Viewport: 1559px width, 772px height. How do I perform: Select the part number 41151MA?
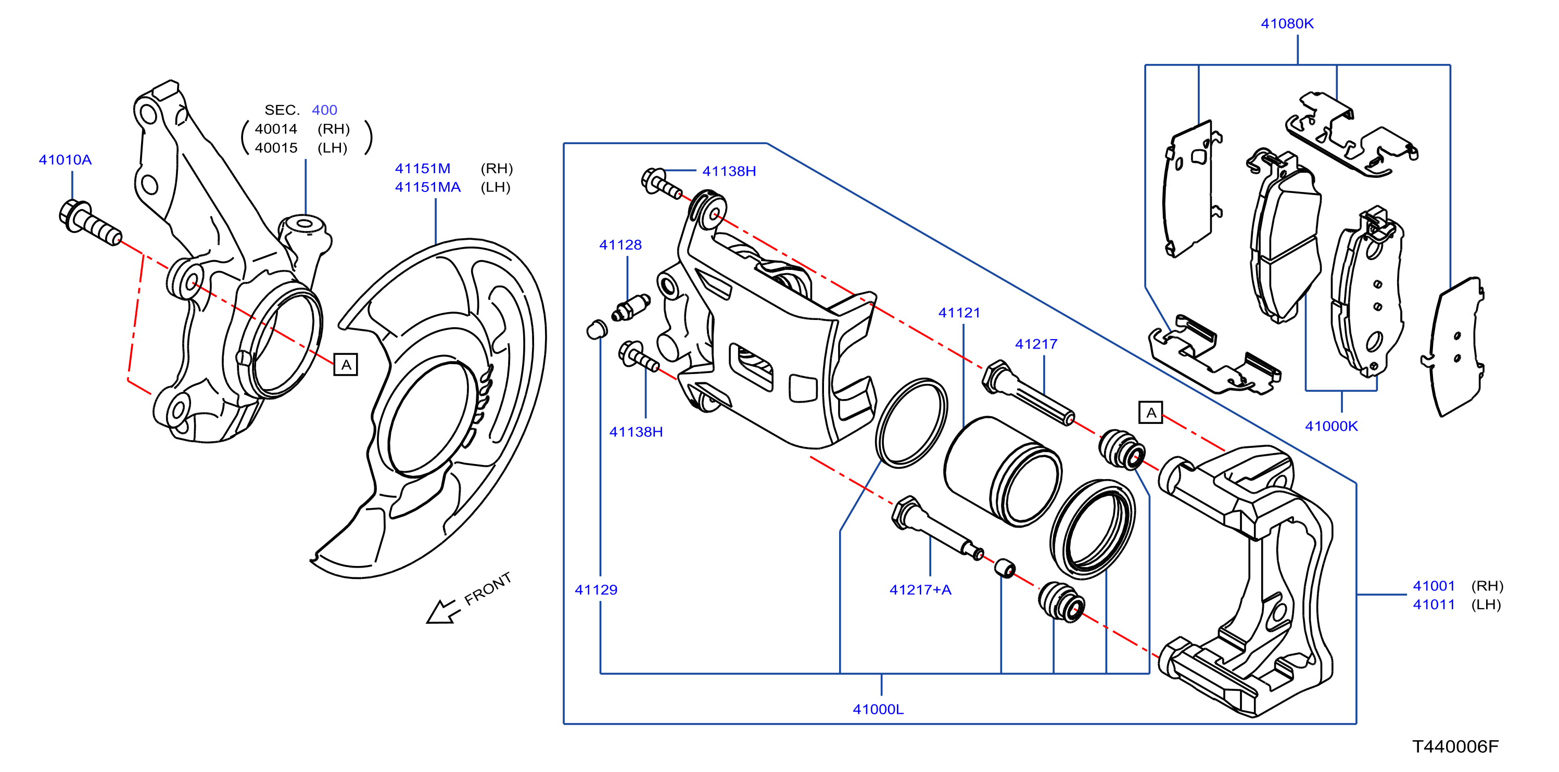tap(428, 187)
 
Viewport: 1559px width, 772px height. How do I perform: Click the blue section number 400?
tap(324, 110)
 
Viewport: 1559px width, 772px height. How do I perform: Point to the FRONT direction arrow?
tap(442, 611)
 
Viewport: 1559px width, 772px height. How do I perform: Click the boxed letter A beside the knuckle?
tap(346, 365)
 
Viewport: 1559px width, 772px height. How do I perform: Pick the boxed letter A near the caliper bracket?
tap(1150, 413)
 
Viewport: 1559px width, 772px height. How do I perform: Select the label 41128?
tap(620, 245)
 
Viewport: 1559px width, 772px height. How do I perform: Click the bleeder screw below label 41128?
tap(630, 307)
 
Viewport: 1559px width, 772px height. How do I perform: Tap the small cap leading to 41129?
tap(597, 329)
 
